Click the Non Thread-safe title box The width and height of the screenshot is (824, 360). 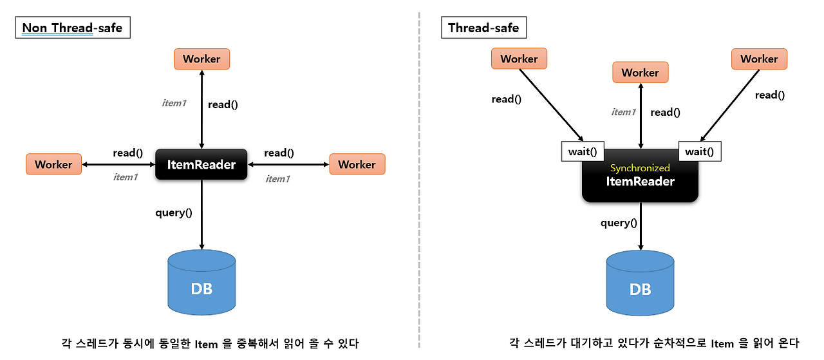click(x=73, y=28)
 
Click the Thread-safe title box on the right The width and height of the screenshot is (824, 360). click(x=483, y=28)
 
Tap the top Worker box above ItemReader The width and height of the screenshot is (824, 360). click(x=201, y=59)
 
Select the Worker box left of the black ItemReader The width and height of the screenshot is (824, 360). click(x=53, y=164)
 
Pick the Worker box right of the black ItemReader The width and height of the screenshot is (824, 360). click(x=357, y=164)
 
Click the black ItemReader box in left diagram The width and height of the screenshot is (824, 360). click(x=201, y=164)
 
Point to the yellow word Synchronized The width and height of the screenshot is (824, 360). click(x=640, y=168)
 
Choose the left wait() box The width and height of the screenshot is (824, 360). click(x=583, y=152)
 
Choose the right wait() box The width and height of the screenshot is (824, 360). click(x=700, y=152)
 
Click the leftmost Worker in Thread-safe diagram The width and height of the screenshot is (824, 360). click(x=519, y=59)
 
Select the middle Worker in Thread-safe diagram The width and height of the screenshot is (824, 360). click(x=640, y=73)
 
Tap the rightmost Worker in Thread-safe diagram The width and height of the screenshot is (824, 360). click(x=759, y=59)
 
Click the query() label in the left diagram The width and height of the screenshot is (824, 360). click(x=174, y=213)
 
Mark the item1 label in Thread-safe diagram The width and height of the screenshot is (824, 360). click(x=623, y=112)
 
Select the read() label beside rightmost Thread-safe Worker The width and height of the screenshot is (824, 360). click(x=770, y=95)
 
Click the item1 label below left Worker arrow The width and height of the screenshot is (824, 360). click(x=126, y=177)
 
